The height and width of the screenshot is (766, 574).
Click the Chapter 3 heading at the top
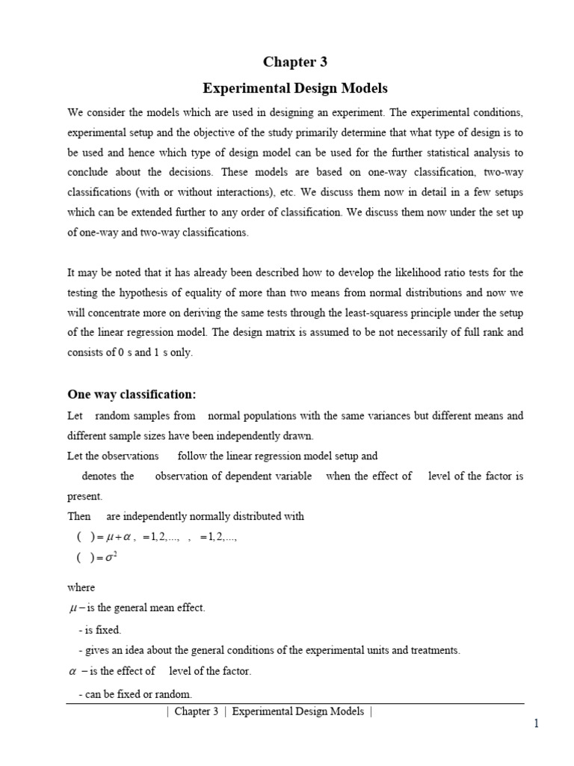pyautogui.click(x=294, y=62)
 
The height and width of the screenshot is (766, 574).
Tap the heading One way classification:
pyautogui.click(x=132, y=394)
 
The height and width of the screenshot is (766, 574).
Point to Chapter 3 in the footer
pyautogui.click(x=196, y=711)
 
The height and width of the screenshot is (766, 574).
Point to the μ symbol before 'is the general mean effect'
pyautogui.click(x=73, y=608)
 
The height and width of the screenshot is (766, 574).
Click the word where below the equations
pyautogui.click(x=81, y=587)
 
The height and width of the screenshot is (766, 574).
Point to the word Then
pyautogui.click(x=79, y=516)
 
